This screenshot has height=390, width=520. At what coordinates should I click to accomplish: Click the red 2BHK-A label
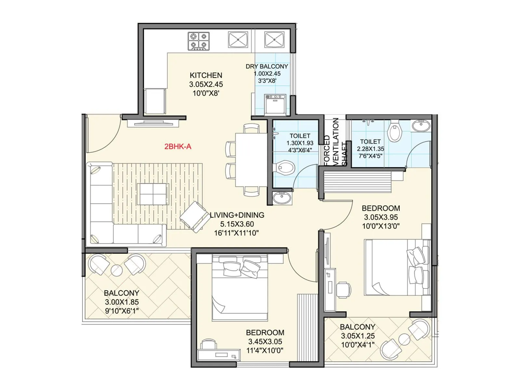pyautogui.click(x=178, y=147)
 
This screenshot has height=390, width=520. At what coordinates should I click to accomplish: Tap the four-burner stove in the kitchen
pyautogui.click(x=198, y=41)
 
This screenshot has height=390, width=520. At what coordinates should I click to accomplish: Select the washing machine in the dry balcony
pyautogui.click(x=275, y=104)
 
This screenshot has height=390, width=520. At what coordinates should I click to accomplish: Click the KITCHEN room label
pyautogui.click(x=206, y=75)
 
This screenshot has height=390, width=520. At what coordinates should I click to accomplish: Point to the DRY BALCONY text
pyautogui.click(x=266, y=66)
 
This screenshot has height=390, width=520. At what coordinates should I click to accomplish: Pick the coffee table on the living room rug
pyautogui.click(x=153, y=194)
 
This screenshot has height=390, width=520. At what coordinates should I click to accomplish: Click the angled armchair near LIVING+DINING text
pyautogui.click(x=194, y=217)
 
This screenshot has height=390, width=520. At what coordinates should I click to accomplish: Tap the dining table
pyautogui.click(x=251, y=160)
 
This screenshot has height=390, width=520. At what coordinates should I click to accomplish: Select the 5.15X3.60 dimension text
pyautogui.click(x=237, y=224)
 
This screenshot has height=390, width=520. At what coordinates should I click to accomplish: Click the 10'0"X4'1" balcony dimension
pyautogui.click(x=357, y=345)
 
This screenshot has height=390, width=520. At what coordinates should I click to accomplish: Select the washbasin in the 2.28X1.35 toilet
pyautogui.click(x=421, y=125)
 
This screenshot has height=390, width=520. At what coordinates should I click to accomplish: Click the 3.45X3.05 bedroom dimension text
pyautogui.click(x=265, y=342)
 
